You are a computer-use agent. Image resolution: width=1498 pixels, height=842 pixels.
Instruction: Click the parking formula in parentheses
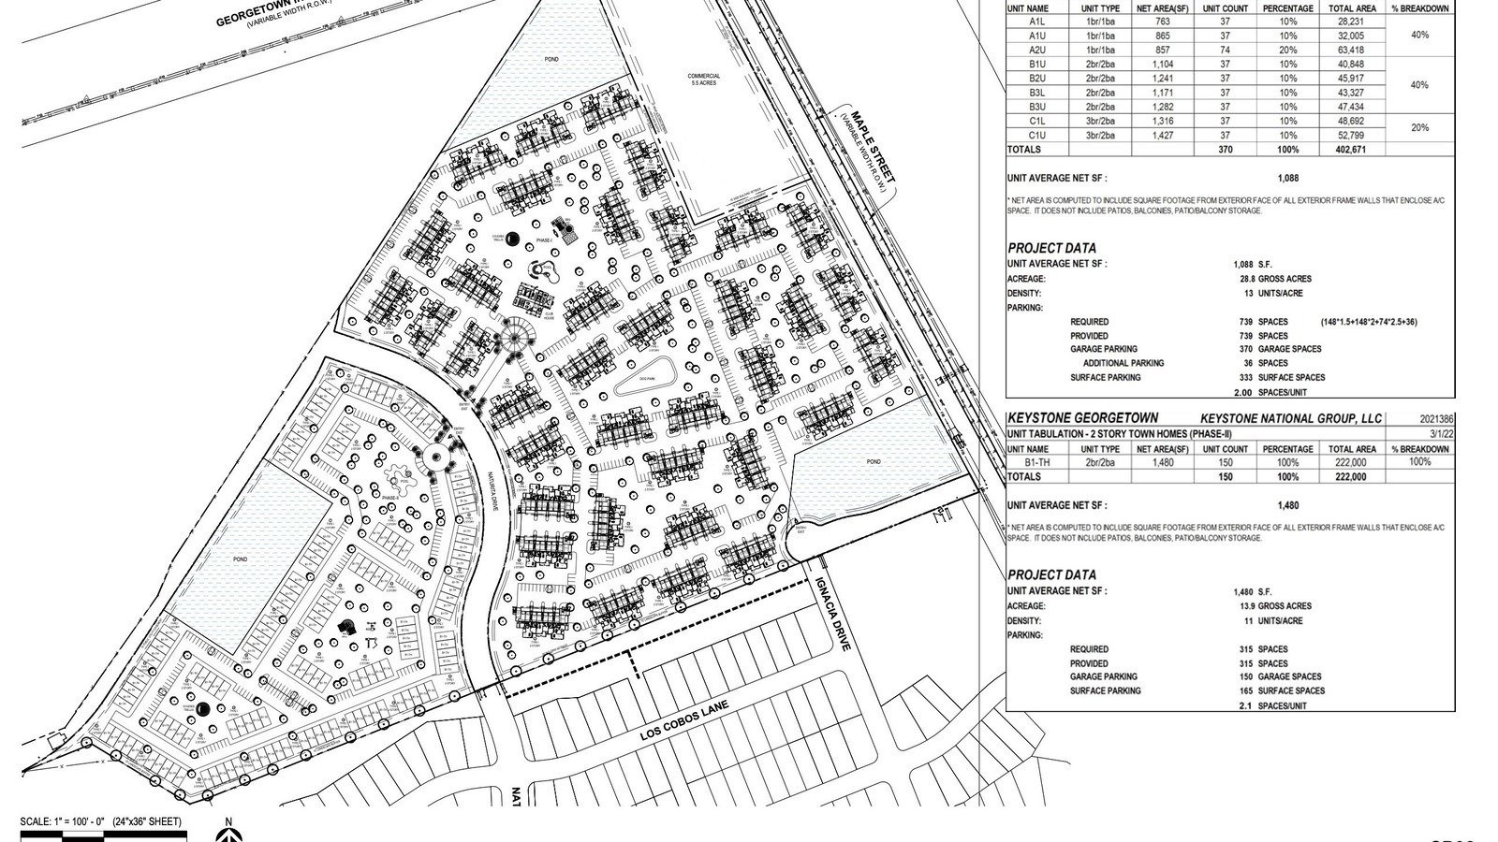(x=1368, y=322)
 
